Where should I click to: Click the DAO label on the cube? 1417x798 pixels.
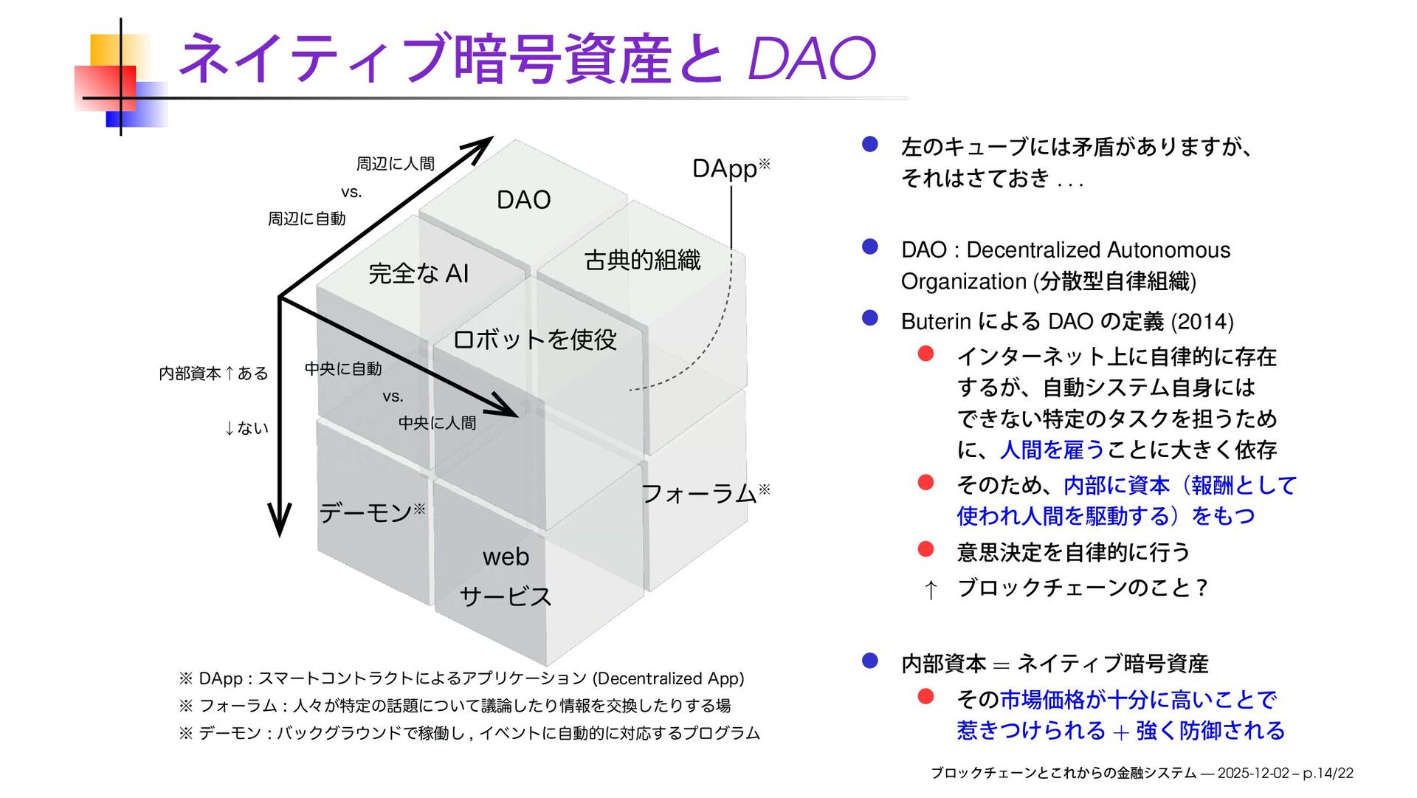click(x=523, y=200)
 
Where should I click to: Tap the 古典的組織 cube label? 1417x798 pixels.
click(x=642, y=260)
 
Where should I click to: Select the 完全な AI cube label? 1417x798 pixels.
click(x=418, y=274)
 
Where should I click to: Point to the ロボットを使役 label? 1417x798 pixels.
click(x=534, y=340)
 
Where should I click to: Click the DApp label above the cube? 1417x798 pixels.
click(x=725, y=169)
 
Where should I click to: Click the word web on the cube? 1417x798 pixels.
click(x=506, y=557)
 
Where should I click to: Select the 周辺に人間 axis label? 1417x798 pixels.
click(x=396, y=164)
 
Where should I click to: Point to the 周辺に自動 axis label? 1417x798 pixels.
click(x=307, y=219)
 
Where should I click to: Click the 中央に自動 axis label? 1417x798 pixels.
click(x=343, y=368)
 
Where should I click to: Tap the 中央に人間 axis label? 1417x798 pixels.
click(x=438, y=423)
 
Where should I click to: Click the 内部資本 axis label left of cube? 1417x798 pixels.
click(x=190, y=374)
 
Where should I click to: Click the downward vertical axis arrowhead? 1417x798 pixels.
click(x=280, y=520)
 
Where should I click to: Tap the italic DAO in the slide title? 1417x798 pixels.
click(x=811, y=58)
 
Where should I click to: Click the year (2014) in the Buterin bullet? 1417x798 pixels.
click(x=1202, y=322)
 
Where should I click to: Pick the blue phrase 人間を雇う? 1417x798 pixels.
click(x=1052, y=450)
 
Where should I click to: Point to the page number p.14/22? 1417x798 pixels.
click(x=1328, y=773)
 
